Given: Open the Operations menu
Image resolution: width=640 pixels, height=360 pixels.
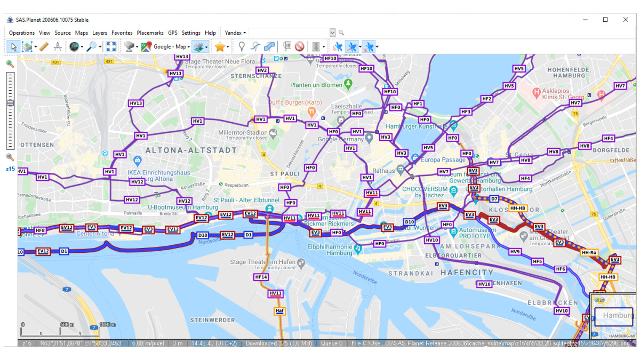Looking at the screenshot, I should [21, 33].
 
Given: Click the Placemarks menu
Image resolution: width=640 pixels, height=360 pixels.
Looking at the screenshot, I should [150, 33].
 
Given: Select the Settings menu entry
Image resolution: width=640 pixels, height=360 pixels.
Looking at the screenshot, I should [191, 33].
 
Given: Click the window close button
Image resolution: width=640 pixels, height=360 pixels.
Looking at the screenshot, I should [626, 20].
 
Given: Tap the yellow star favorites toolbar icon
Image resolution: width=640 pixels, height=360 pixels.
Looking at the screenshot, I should [219, 47].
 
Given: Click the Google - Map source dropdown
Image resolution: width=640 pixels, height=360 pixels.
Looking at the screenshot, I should [171, 47].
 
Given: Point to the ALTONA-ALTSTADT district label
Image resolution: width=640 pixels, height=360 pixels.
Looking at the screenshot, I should [191, 150].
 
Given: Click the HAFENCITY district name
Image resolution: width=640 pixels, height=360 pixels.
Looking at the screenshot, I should [467, 272].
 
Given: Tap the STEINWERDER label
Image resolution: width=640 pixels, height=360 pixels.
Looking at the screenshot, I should [212, 320].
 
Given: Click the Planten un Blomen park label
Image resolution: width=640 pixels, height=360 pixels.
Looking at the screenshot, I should [316, 85].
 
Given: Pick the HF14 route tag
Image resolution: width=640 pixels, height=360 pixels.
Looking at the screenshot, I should [261, 277].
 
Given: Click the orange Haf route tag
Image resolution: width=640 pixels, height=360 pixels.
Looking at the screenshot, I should [279, 310].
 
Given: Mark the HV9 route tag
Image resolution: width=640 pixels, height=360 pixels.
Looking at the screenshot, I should [515, 252].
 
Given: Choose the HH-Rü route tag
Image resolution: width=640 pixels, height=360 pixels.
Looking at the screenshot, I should [589, 252].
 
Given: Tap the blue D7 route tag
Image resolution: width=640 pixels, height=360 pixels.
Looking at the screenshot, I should [494, 199].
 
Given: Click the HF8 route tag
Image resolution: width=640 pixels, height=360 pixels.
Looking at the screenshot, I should [40, 230].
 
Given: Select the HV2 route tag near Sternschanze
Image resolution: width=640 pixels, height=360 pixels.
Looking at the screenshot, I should [262, 70].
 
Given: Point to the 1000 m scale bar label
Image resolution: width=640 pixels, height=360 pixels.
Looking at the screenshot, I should [108, 324].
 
